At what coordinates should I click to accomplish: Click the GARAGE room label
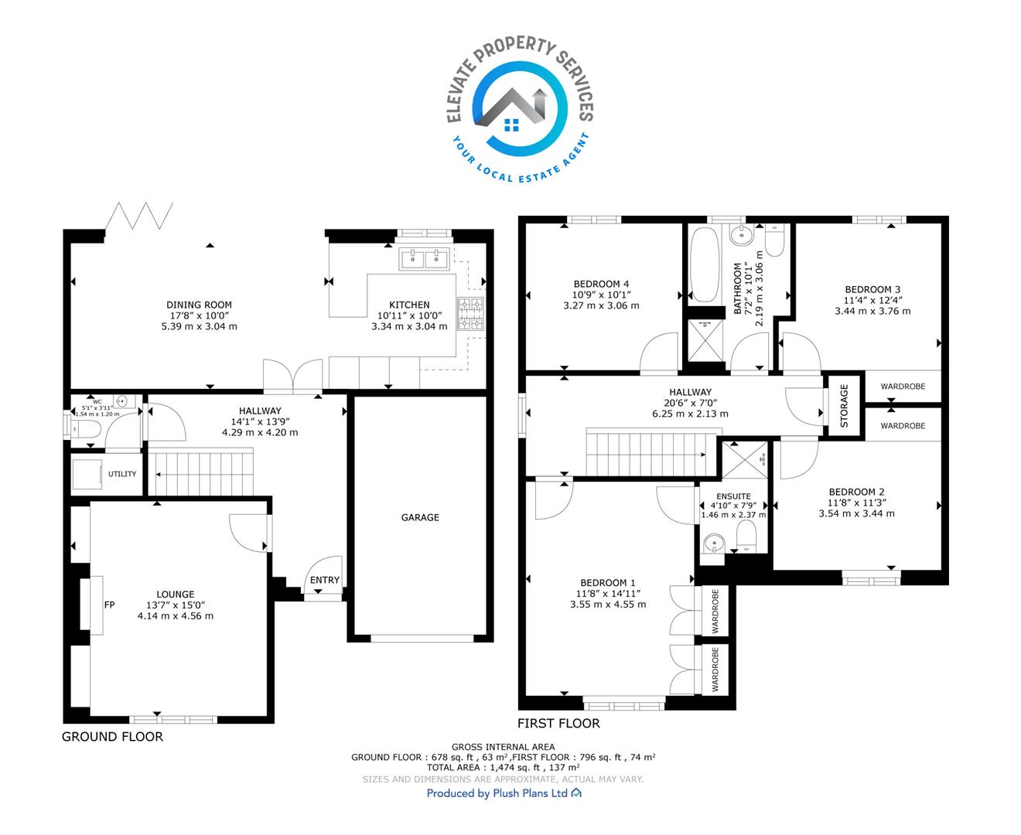coord(420,517)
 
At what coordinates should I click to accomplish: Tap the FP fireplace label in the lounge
coord(109,605)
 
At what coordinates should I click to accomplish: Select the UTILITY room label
coord(122,474)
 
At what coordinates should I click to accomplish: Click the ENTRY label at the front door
coord(324,580)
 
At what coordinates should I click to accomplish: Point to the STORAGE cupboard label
coord(845,406)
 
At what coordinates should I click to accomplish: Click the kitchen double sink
coord(424,259)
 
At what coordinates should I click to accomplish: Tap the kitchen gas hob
coord(470,314)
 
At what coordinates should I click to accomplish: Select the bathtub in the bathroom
coord(705,264)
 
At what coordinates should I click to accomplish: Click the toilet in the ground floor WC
coord(85,429)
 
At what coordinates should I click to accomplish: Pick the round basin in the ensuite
coord(714,543)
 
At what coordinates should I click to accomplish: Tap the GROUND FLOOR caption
coord(112,737)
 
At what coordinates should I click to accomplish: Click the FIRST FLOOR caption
coord(558,723)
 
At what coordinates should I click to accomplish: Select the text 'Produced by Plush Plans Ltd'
coord(497,793)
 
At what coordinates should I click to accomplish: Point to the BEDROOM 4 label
coord(601,285)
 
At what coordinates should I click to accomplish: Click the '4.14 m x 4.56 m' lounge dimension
coord(176,615)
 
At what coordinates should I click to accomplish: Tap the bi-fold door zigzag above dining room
coord(139,216)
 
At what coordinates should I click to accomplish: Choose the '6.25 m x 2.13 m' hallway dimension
coord(691,414)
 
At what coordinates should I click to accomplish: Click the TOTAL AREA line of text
coord(504,767)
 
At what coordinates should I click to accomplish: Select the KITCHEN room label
coord(410,305)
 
